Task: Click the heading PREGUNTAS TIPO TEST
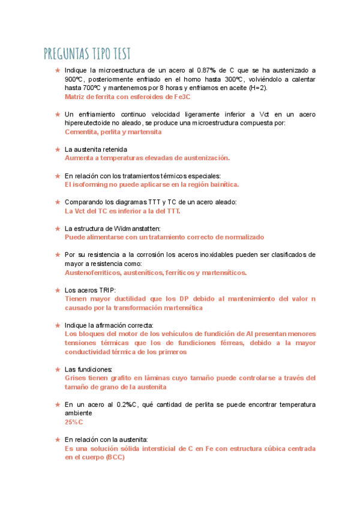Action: point(87,54)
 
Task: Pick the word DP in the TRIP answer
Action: point(186,299)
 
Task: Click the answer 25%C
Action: point(74,422)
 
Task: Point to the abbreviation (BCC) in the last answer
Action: point(109,457)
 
